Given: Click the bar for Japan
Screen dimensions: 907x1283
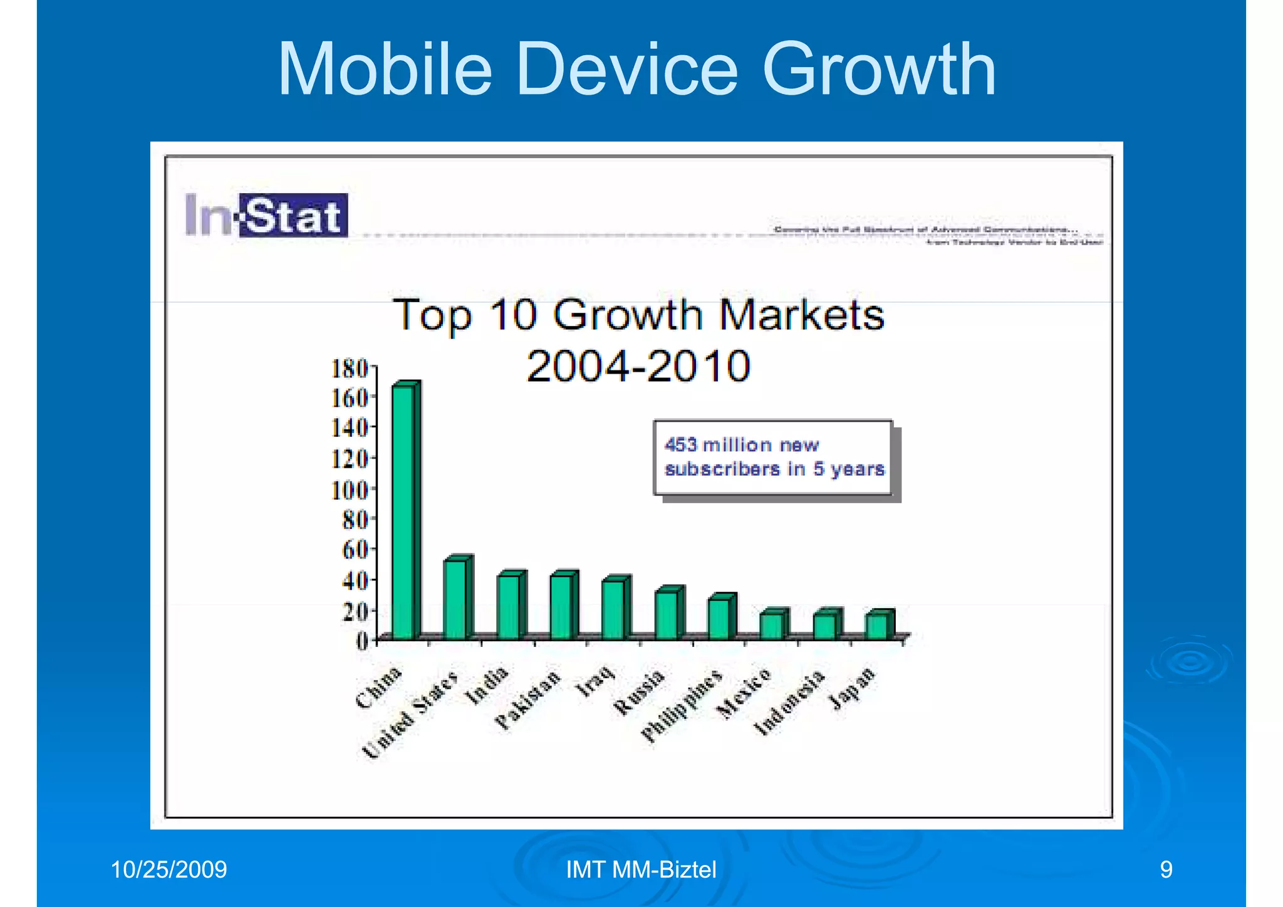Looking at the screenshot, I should pyautogui.click(x=877, y=626).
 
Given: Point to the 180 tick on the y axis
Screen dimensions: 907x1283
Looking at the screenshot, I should pyautogui.click(x=350, y=369).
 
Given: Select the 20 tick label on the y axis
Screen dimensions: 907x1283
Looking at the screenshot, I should pyautogui.click(x=355, y=611).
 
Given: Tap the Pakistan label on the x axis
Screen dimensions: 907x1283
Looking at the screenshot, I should pyautogui.click(x=527, y=700).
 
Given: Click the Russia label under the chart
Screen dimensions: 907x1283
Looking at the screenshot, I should pyautogui.click(x=638, y=693).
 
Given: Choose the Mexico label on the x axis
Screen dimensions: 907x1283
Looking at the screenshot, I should pyautogui.click(x=744, y=693).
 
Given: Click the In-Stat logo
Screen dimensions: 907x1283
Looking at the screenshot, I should pyautogui.click(x=266, y=215).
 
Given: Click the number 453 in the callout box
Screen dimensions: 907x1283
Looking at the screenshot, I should pyautogui.click(x=680, y=445).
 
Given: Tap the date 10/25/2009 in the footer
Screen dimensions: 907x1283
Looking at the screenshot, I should pyautogui.click(x=169, y=869).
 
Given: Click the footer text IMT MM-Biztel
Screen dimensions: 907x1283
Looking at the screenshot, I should pyautogui.click(x=641, y=869).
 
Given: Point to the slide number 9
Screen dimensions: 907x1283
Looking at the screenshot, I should pyautogui.click(x=1166, y=869).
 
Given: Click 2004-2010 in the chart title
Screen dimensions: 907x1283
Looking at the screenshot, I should pyautogui.click(x=638, y=366).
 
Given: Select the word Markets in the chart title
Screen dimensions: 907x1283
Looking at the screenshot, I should pyautogui.click(x=801, y=315).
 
